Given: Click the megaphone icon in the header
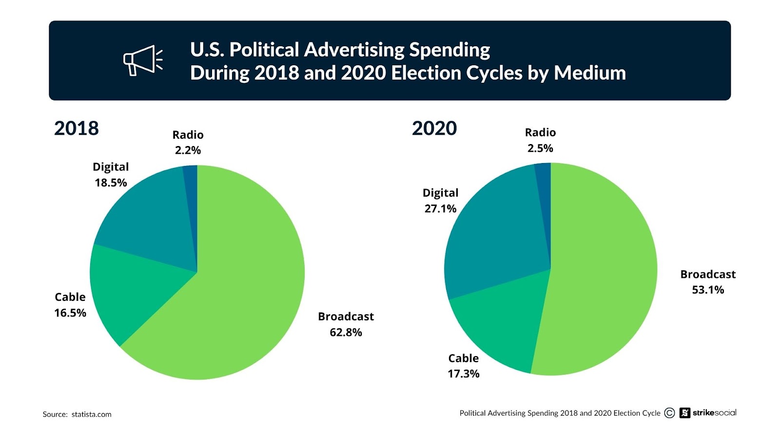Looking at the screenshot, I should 142,60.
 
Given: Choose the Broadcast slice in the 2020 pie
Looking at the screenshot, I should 604,273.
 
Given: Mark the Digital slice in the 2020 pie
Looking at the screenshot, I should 492,234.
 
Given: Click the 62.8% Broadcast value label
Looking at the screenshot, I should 346,332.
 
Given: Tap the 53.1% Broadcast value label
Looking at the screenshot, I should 708,290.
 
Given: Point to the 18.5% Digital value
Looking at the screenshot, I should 111,182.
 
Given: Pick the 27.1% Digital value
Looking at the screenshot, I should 440,209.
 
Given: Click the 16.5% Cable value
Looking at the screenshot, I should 70,313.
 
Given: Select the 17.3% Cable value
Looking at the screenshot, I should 464,374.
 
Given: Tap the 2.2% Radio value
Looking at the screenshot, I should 188,150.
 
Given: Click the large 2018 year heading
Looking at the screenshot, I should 77,128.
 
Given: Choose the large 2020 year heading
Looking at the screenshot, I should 434,128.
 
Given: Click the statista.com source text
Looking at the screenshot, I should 91,414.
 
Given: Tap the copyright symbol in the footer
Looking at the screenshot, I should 670,413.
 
